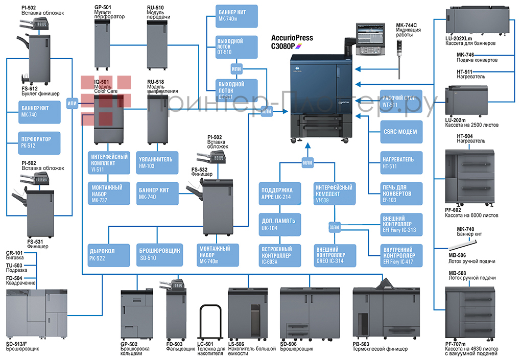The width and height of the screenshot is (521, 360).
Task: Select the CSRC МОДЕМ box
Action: coord(400,132)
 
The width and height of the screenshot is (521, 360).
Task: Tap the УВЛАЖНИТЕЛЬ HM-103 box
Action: coord(156,162)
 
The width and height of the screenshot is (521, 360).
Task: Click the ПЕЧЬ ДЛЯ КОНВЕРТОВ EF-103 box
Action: coord(400,194)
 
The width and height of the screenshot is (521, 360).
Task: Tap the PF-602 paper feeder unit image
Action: coord(470,176)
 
